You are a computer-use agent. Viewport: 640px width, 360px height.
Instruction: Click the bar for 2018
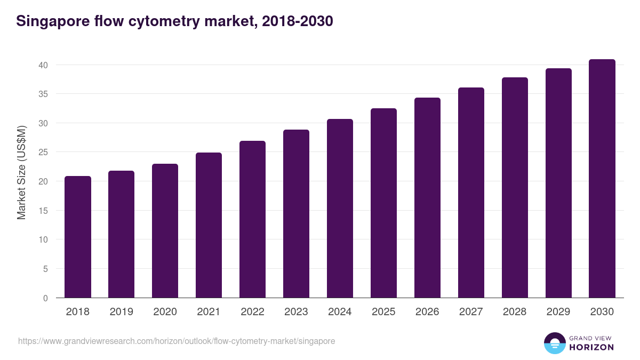(78, 237)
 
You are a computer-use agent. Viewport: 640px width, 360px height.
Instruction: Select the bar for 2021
(209, 225)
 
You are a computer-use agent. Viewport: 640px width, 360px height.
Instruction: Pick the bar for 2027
(471, 193)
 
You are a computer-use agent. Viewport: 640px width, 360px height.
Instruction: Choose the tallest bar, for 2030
(602, 178)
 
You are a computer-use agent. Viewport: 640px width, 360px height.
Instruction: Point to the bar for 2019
(121, 234)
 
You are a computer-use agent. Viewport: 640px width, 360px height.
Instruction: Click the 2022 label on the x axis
(252, 312)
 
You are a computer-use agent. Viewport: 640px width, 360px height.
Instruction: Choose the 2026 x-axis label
(427, 312)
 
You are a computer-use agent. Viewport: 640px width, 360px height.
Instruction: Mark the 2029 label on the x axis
(558, 312)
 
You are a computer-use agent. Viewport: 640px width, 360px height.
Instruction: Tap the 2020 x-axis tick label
(165, 312)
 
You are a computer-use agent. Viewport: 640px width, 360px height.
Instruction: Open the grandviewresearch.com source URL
(177, 341)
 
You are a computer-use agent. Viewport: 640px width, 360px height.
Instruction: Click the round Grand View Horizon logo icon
(554, 343)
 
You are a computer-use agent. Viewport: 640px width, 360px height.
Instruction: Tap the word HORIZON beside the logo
(591, 347)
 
